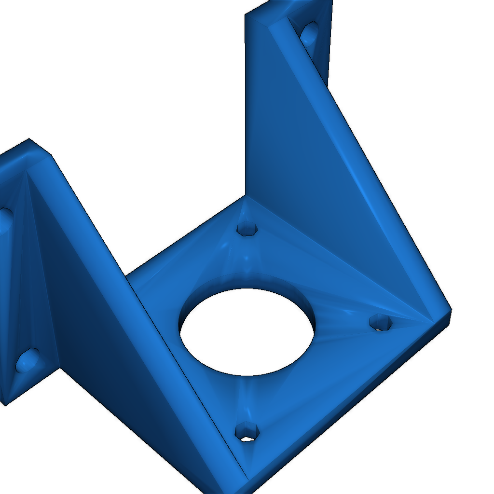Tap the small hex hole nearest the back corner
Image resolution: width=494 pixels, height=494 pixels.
[248, 228]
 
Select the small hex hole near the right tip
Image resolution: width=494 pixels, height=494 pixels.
[381, 322]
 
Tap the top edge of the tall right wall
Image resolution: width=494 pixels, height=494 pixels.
[261, 10]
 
